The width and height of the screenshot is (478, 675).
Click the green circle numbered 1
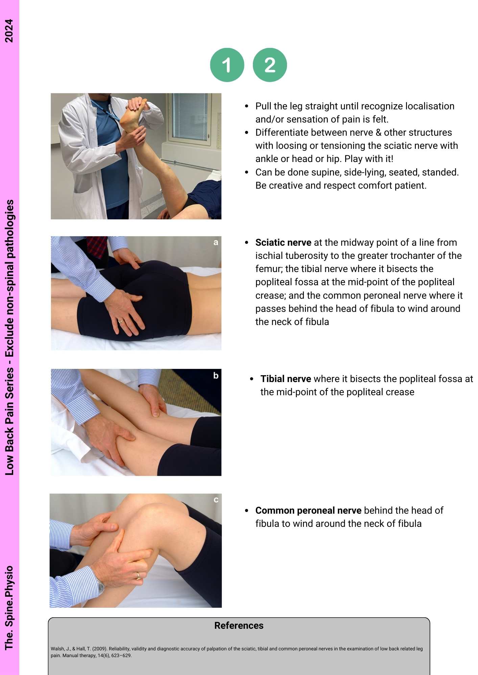(227, 65)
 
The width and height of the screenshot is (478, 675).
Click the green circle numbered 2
(270, 65)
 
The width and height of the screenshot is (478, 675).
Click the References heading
(239, 625)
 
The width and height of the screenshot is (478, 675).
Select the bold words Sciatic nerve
(283, 242)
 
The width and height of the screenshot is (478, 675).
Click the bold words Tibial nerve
(286, 379)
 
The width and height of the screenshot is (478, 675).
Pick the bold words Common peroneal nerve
(308, 510)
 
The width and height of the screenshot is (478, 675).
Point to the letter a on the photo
(216, 242)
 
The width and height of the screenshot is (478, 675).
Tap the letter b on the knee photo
(216, 375)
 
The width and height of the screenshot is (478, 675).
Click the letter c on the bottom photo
(216, 500)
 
